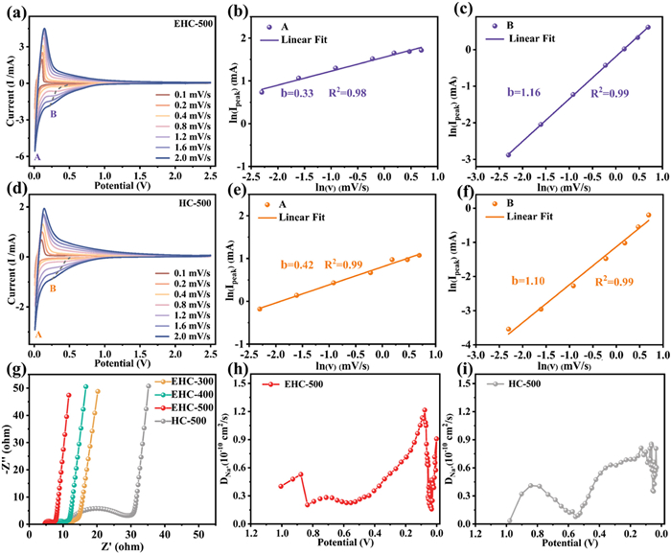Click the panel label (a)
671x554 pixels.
[x=14, y=11]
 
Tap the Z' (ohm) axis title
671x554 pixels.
[x=123, y=547]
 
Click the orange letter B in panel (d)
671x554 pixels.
[x=53, y=287]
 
